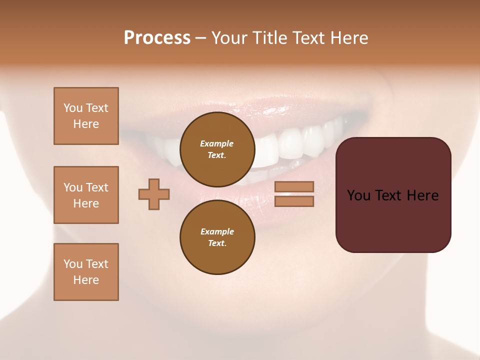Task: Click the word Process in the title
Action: click(x=157, y=38)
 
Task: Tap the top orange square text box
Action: click(x=86, y=116)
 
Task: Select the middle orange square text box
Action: click(x=86, y=195)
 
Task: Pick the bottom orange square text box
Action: click(x=86, y=272)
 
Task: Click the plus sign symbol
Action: click(x=154, y=194)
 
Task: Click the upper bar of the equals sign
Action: click(x=294, y=187)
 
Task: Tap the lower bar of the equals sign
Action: click(x=294, y=201)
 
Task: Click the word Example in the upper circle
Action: click(x=217, y=143)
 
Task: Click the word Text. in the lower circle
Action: click(x=217, y=243)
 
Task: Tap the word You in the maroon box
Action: click(x=358, y=195)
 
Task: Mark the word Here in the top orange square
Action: click(x=86, y=124)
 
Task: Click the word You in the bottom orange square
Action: click(x=73, y=264)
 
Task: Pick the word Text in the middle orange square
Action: click(x=97, y=187)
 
